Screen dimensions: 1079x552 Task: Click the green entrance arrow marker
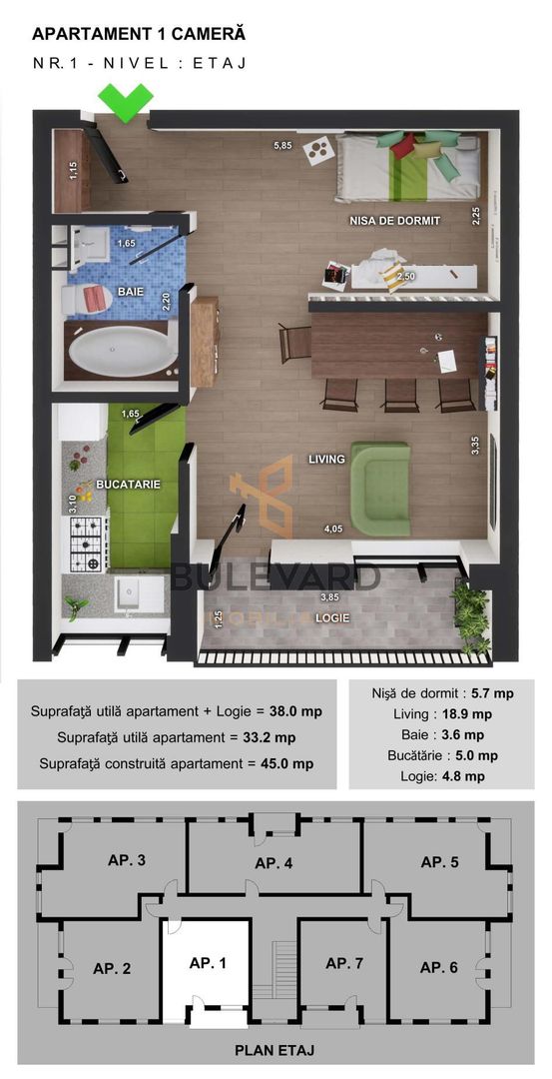pos(126,102)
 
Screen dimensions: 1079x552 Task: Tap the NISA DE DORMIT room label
pos(394,221)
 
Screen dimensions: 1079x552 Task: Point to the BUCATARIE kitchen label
pos(128,485)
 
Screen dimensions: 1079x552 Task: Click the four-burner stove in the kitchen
pos(86,543)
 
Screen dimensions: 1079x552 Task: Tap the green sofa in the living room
pos(380,489)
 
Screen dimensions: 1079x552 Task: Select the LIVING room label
pos(326,460)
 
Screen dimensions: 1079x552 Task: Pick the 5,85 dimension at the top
pos(284,147)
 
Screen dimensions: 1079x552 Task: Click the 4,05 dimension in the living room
pos(332,529)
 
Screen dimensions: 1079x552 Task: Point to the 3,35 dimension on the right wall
pos(476,445)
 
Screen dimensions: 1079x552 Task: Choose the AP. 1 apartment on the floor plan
pos(208,963)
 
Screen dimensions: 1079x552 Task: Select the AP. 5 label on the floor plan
pos(438,861)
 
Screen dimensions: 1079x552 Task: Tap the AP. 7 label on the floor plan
pos(345,963)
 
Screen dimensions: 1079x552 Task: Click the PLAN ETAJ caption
pos(276,1050)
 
